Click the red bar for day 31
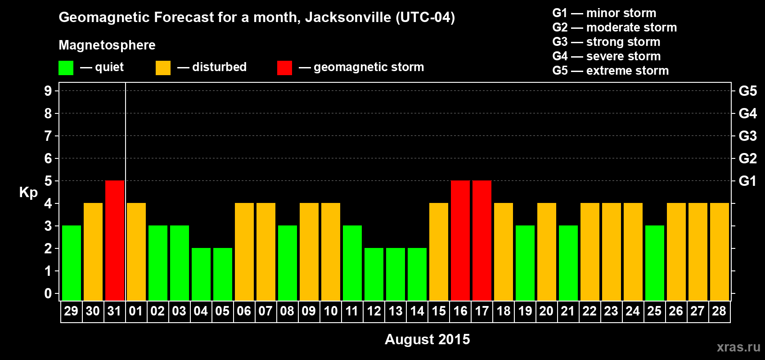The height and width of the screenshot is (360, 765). click(115, 240)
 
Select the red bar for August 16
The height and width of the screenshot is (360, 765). click(460, 240)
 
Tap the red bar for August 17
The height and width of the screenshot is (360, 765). click(482, 240)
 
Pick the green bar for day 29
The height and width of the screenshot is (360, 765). click(72, 263)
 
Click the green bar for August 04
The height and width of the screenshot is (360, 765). click(201, 274)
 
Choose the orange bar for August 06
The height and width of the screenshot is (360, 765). click(244, 252)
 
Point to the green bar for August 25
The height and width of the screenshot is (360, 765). click(655, 263)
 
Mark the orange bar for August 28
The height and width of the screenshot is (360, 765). click(720, 252)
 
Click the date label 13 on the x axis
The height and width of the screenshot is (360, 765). click(396, 311)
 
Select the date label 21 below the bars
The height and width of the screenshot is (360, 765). click(568, 311)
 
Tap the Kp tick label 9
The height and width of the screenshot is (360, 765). click(48, 91)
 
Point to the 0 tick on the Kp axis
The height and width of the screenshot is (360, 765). click(48, 293)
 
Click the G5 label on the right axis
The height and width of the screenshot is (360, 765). click(747, 91)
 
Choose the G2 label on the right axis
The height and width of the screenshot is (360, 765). click(747, 158)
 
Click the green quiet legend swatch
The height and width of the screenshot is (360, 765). click(66, 68)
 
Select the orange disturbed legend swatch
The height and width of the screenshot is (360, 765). click(163, 68)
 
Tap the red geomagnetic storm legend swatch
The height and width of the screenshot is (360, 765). click(284, 68)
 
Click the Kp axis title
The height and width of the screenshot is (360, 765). click(28, 193)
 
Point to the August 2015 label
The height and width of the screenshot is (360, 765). click(427, 339)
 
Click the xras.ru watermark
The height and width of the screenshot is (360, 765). click(738, 346)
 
